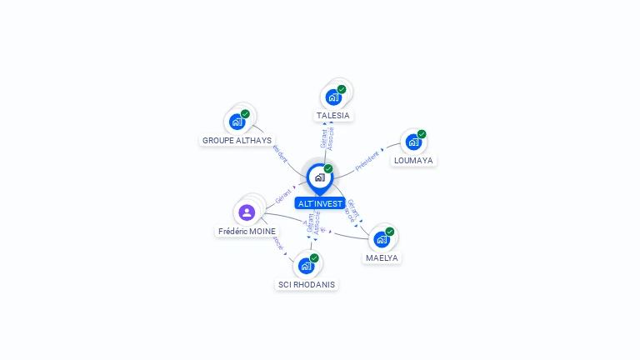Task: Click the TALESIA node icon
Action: [x=334, y=97]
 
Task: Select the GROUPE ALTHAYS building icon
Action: [x=237, y=122]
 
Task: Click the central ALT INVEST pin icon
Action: [x=319, y=177]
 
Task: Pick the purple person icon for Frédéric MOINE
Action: [x=247, y=212]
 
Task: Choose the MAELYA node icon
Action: [x=382, y=239]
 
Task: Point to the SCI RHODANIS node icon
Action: [x=306, y=266]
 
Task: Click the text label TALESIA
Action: [x=333, y=116]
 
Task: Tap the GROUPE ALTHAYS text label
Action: [x=237, y=141]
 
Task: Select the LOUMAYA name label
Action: [x=414, y=160]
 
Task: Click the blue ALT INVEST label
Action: [x=319, y=203]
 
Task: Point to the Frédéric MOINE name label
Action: [x=247, y=231]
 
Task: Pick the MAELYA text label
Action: [x=382, y=258]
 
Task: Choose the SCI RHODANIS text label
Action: [x=307, y=284]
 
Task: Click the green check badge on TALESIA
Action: [x=342, y=89]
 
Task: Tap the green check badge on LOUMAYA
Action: [x=422, y=134]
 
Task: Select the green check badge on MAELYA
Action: [x=389, y=232]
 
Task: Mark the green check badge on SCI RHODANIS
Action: [x=314, y=258]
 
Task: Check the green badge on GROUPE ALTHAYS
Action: [x=245, y=114]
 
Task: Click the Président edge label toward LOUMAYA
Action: [x=367, y=160]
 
